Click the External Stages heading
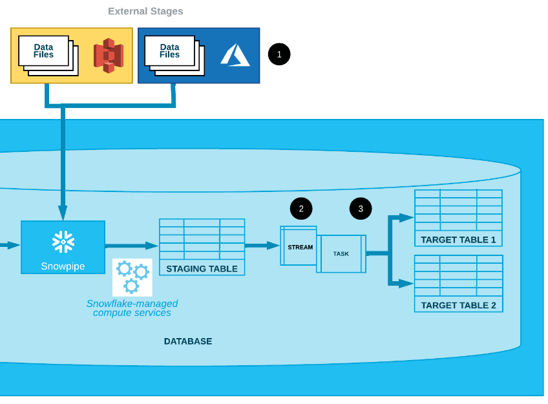[145, 11]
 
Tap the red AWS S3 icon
[108, 56]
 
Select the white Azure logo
[235, 55]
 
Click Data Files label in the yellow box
[43, 51]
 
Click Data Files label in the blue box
[169, 51]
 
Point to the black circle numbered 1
[279, 54]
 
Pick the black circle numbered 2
[301, 208]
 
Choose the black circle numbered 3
[361, 208]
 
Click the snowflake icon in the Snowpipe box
[63, 241]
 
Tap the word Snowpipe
[63, 266]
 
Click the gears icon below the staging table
[132, 277]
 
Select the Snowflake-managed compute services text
[132, 308]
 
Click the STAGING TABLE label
[202, 269]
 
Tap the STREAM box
[299, 246]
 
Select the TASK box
[341, 253]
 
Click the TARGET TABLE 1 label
[458, 240]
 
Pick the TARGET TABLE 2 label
[458, 305]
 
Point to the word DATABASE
[187, 341]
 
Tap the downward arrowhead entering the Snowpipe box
[63, 213]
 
